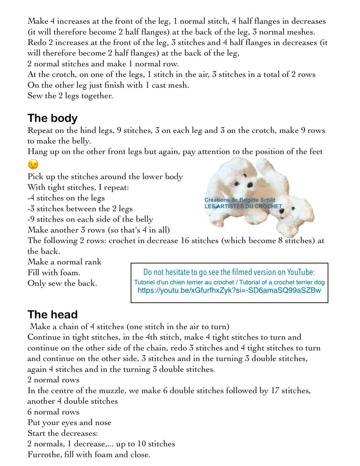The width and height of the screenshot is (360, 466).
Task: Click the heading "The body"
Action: point(52,118)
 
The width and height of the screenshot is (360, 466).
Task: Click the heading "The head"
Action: point(52,314)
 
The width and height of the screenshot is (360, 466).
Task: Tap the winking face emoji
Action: point(33,164)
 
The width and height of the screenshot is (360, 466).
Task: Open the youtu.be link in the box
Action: point(229,290)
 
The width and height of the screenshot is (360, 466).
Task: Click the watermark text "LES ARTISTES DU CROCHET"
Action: point(243,206)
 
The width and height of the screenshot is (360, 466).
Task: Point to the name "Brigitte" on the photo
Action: point(250,200)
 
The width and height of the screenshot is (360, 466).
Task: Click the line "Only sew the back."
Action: point(62,283)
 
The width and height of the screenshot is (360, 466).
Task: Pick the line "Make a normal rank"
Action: point(65,262)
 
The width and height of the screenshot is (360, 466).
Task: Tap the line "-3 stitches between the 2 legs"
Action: point(80,209)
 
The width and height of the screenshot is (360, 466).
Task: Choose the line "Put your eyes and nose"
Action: point(69,422)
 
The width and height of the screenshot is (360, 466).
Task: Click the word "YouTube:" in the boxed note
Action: point(301,272)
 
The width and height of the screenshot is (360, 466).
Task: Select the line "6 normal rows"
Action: point(53,412)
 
